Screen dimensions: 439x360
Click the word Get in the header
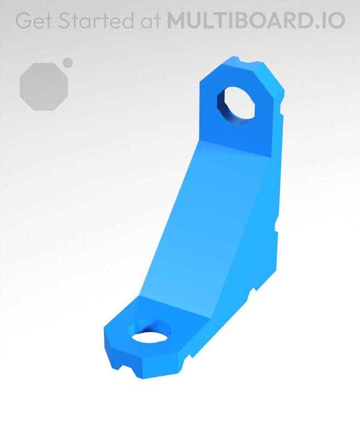[x=34, y=21]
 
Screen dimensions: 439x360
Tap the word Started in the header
[x=93, y=21]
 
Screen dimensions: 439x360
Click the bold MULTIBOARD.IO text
[x=256, y=21]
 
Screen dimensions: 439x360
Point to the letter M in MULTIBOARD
[x=177, y=21]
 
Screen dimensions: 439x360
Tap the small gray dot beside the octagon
[x=68, y=63]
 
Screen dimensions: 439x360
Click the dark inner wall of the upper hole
[x=223, y=106]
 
